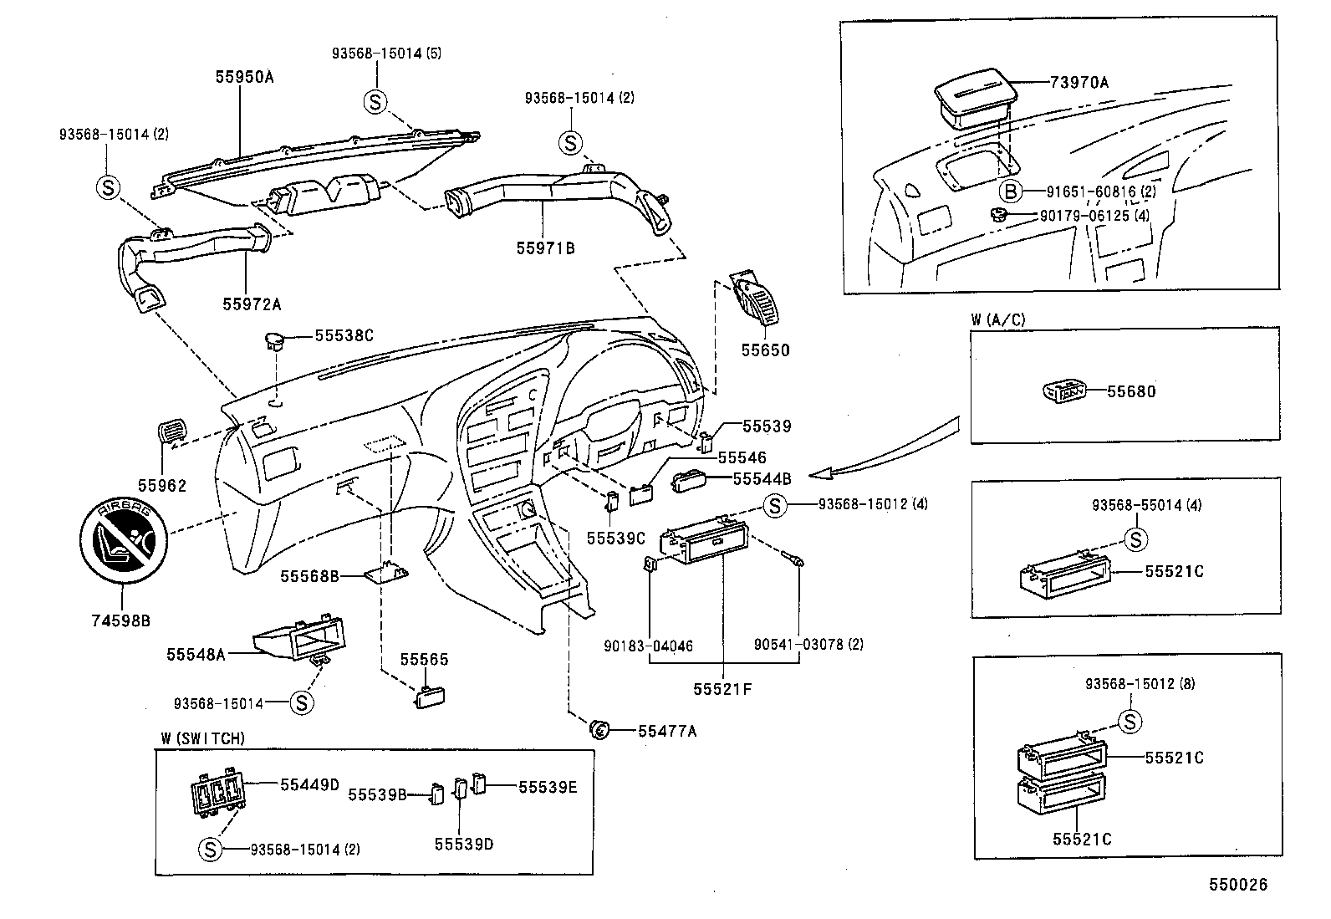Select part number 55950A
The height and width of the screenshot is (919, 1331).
coord(244,77)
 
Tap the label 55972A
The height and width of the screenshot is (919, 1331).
coord(252,304)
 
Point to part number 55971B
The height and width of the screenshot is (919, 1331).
coord(545,248)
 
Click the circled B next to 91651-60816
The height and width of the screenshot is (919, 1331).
coord(1011,191)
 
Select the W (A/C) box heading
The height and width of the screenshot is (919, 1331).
coord(997,319)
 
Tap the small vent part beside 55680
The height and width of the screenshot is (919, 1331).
coord(1065,390)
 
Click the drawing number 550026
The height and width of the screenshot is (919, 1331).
coord(1237,885)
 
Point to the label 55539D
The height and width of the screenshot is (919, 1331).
coord(463,844)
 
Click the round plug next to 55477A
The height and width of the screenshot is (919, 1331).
coord(599,729)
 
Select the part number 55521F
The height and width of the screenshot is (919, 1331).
coord(722,688)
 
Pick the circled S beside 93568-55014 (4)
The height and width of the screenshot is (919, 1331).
coord(1135,539)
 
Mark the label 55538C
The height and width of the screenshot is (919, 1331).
coord(344,335)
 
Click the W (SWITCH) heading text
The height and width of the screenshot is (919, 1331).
coord(203,738)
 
